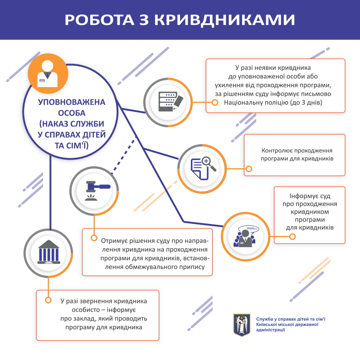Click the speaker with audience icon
pyautogui.click(x=246, y=235)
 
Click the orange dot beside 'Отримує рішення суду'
pyautogui.click(x=94, y=238)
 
